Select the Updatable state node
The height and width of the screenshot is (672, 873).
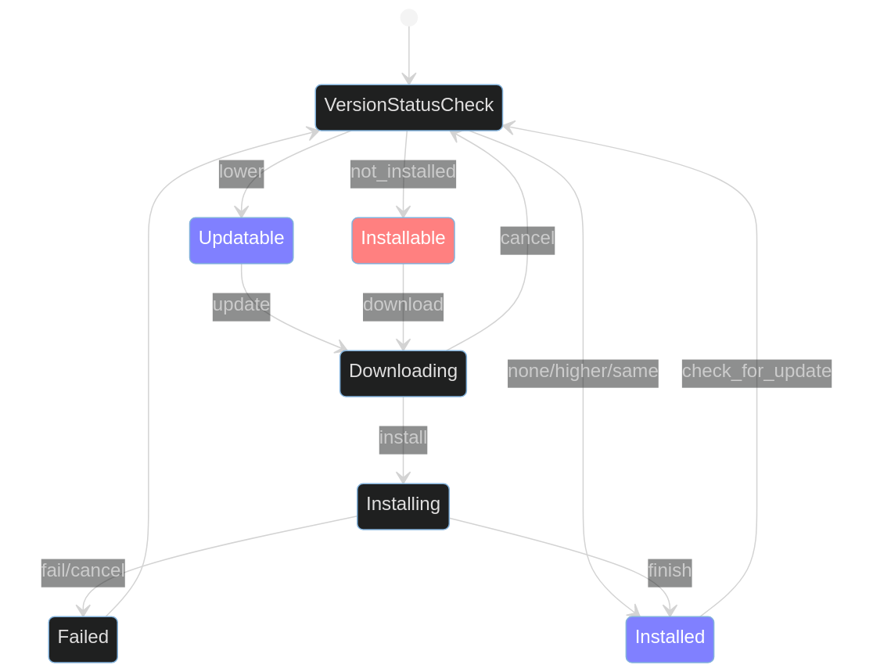coord(241,240)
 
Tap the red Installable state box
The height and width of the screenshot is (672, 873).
coord(403,240)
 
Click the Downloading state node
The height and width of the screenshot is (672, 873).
coord(403,373)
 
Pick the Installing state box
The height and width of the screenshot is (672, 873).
coord(403,506)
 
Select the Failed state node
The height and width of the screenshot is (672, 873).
coord(83,639)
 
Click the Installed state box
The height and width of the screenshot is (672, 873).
coord(670,639)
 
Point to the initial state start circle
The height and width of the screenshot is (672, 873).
coord(408,17)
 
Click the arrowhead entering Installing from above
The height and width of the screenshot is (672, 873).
coord(403,478)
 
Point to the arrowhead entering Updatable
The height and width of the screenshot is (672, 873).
coord(241,212)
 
